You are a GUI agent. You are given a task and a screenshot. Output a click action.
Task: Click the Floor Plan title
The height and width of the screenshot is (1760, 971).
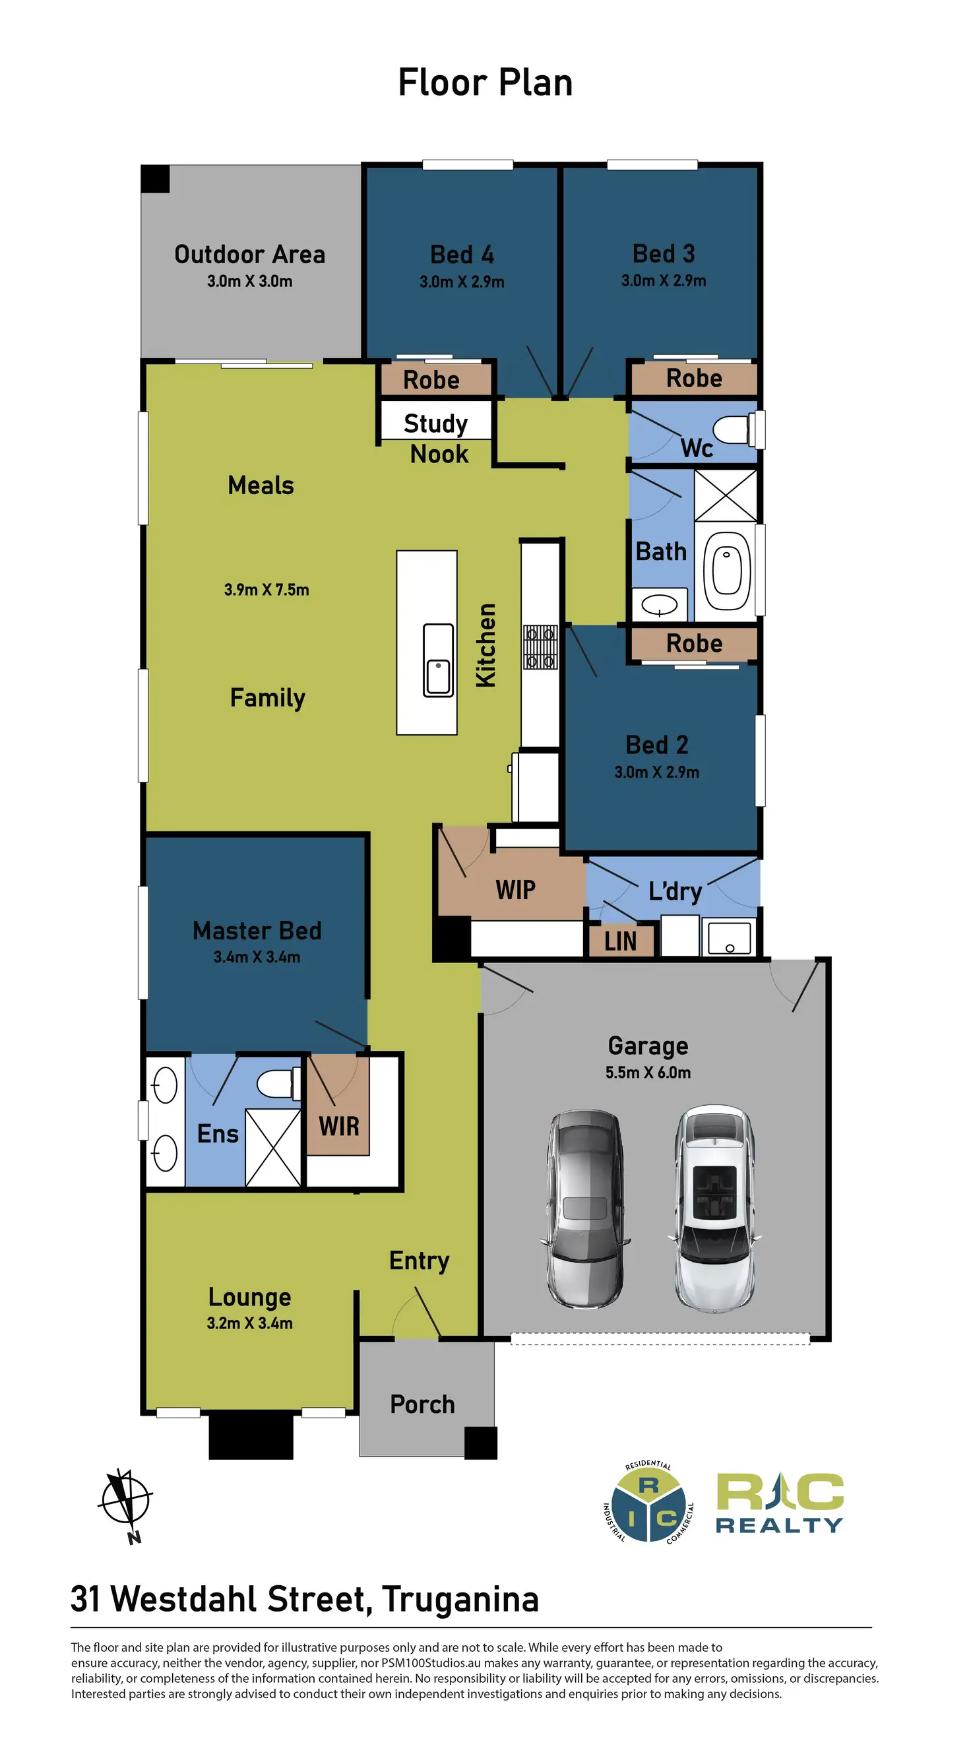click(485, 82)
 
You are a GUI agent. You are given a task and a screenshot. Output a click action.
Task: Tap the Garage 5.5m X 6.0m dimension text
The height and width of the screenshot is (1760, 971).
click(647, 1072)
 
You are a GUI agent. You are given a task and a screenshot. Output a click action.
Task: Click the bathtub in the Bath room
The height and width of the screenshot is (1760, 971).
click(726, 571)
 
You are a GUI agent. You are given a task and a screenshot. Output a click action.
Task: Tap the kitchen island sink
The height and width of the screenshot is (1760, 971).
click(437, 660)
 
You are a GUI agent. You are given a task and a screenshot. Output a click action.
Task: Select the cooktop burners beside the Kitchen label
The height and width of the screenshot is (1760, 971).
click(540, 646)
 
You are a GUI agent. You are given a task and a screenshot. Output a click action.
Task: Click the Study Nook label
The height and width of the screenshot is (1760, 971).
click(437, 438)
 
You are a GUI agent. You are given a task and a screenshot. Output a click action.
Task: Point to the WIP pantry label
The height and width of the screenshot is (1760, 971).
click(515, 889)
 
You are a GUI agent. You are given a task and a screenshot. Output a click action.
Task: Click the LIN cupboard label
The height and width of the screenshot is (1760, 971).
click(621, 941)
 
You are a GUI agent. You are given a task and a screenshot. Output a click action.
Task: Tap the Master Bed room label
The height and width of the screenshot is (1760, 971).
click(257, 931)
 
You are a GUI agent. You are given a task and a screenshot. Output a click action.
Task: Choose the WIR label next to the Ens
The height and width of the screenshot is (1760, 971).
click(339, 1125)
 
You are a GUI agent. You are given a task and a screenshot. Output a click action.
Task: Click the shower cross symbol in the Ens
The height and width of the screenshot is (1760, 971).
click(272, 1147)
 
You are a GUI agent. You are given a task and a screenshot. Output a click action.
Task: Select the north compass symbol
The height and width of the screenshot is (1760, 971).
click(126, 1501)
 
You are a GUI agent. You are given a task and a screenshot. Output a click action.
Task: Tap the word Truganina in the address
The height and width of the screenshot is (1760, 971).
click(460, 1599)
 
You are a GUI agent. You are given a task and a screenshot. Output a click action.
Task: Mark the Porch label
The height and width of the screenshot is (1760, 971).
click(422, 1404)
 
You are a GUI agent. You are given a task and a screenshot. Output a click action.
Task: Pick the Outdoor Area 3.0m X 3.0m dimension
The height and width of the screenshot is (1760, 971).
click(249, 281)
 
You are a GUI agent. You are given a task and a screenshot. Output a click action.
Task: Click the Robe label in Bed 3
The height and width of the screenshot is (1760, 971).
click(693, 378)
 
